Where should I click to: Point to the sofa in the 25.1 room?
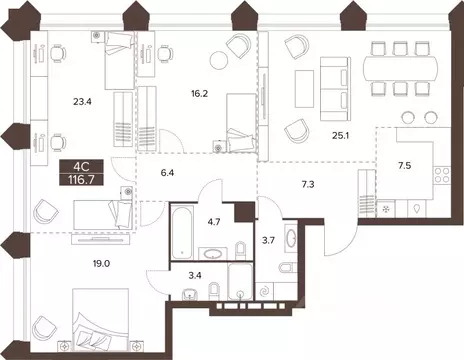(333, 86)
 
